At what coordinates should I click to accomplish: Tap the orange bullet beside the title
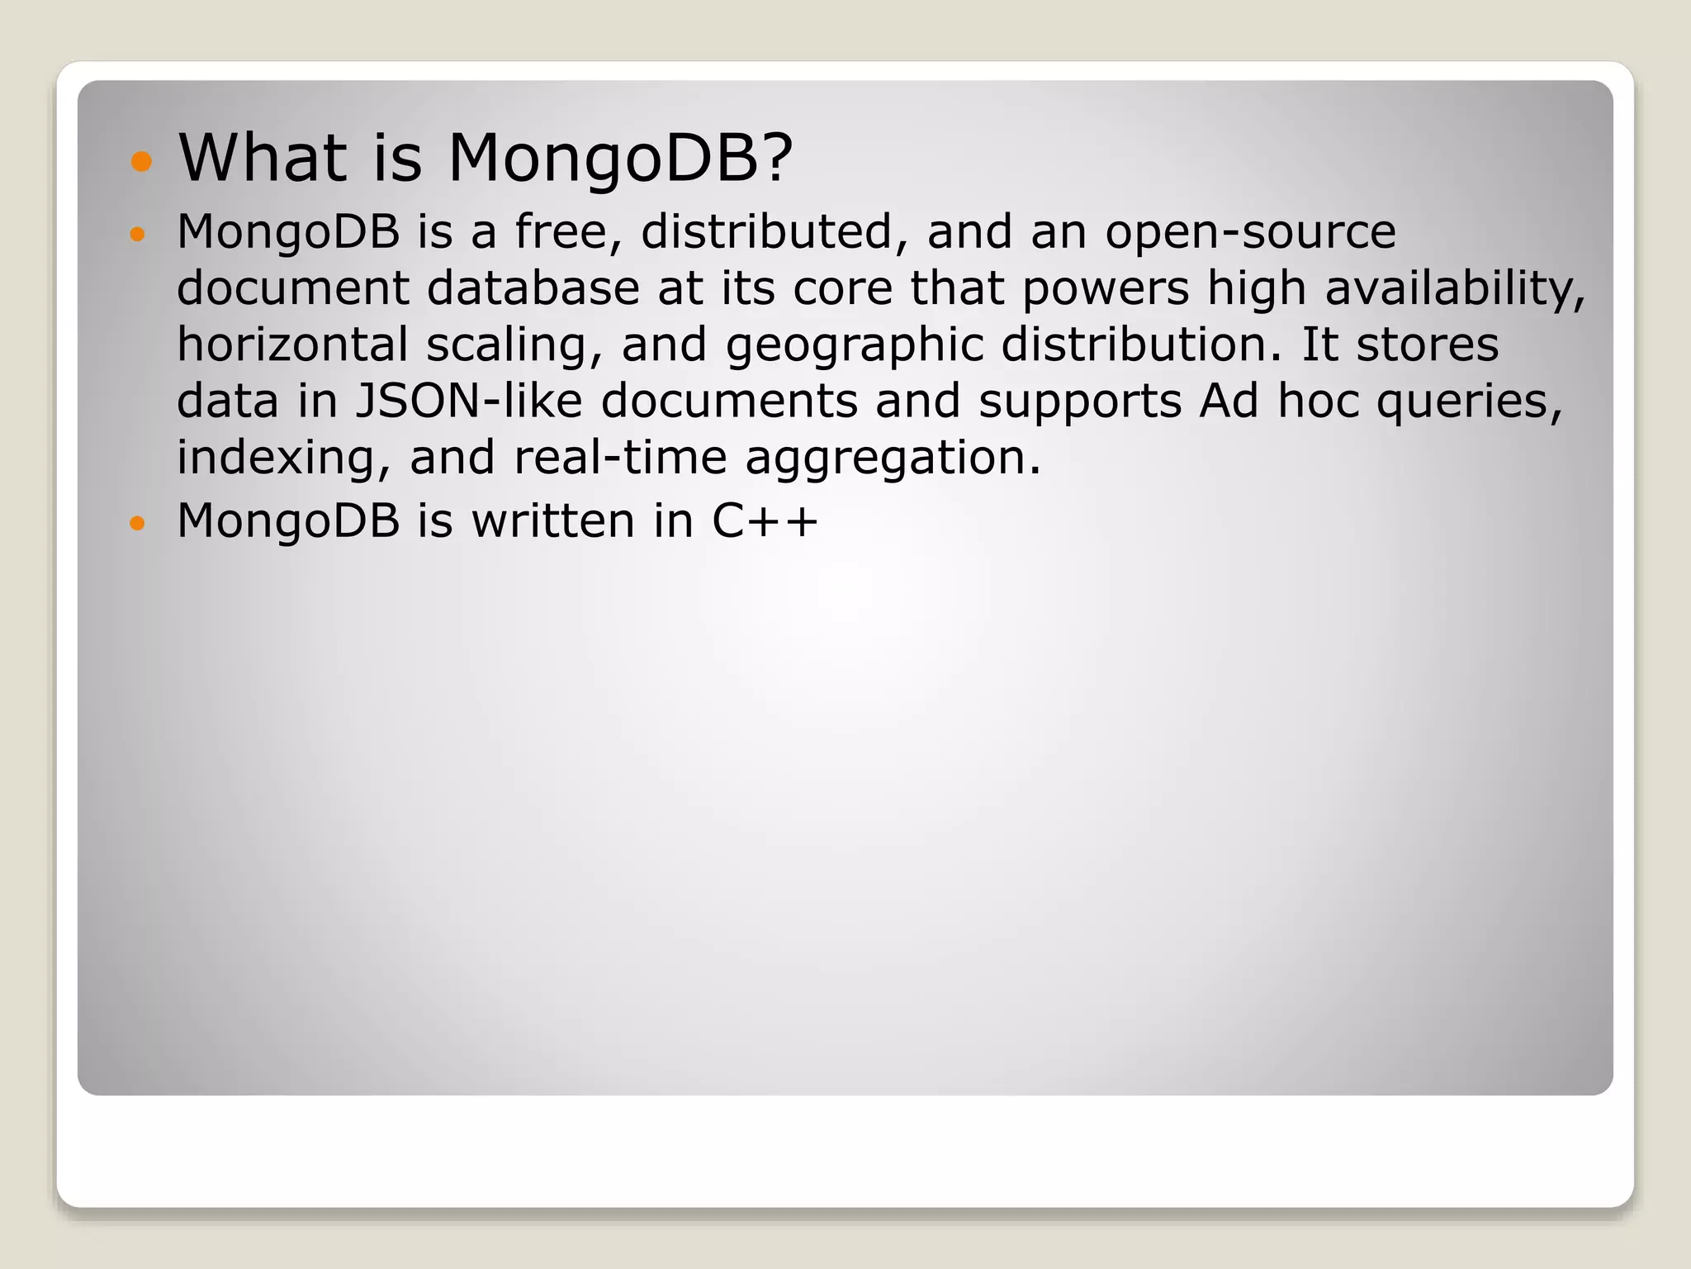142,161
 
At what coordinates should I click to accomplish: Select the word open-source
1250,233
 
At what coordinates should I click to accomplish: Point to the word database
533,288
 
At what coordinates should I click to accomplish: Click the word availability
1455,288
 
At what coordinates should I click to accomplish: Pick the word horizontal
292,345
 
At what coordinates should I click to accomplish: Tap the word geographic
854,346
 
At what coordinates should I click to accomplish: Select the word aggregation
893,459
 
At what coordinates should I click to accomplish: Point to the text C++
765,521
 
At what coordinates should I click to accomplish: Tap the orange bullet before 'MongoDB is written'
137,523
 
